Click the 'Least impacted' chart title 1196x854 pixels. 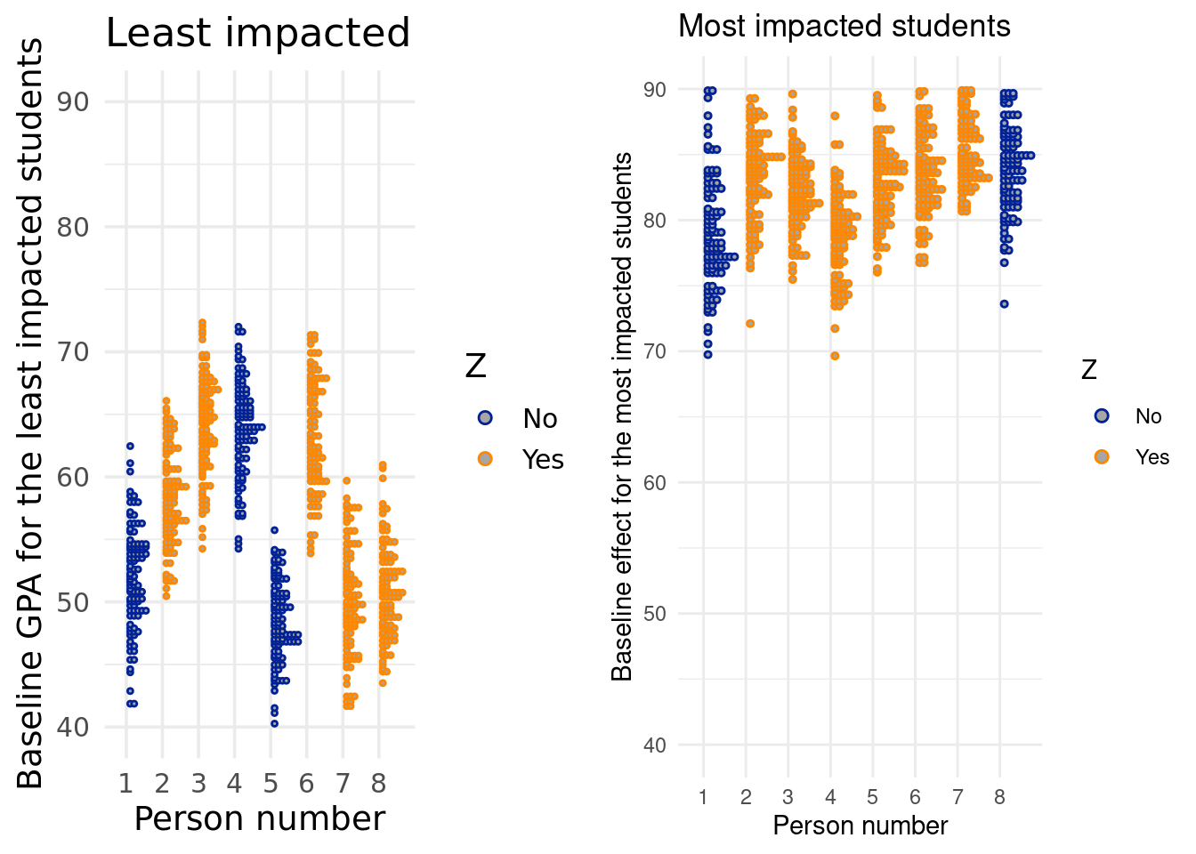click(x=258, y=34)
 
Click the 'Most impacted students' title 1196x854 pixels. click(x=844, y=27)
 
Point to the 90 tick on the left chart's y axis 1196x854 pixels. click(x=76, y=101)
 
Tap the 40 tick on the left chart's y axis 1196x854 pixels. click(x=76, y=727)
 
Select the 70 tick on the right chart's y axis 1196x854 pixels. click(x=655, y=351)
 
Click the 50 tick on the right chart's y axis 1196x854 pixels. click(x=655, y=614)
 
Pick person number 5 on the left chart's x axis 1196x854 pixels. click(x=271, y=784)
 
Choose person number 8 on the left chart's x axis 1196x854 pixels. click(x=379, y=784)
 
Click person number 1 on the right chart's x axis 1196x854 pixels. click(x=703, y=797)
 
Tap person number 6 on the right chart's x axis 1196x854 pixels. click(x=915, y=797)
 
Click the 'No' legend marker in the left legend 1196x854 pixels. click(x=485, y=418)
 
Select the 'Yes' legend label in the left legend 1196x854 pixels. click(x=543, y=460)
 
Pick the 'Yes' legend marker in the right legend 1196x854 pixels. click(x=1103, y=456)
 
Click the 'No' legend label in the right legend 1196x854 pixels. click(x=1148, y=416)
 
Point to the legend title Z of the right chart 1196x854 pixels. click(x=1089, y=369)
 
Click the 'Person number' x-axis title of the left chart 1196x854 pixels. click(x=259, y=819)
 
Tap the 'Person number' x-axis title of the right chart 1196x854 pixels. click(x=860, y=826)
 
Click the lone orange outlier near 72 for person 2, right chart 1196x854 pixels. click(x=750, y=323)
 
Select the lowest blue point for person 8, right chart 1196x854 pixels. click(x=1004, y=303)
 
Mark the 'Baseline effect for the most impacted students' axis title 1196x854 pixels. click(x=622, y=416)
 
